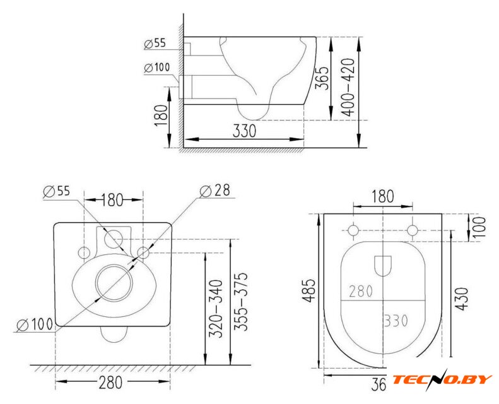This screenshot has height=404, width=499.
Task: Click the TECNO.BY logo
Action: (x=442, y=379)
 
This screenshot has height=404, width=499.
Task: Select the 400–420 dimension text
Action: (x=348, y=87)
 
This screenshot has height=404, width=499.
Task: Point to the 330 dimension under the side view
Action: (x=244, y=131)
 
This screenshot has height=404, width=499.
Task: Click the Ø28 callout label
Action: (x=215, y=191)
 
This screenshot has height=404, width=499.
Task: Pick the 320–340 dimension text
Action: (x=216, y=309)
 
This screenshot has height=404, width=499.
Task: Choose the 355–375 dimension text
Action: (x=240, y=302)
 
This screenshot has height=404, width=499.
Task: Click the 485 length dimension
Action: (x=308, y=290)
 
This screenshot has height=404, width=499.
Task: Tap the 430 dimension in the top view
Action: (x=462, y=299)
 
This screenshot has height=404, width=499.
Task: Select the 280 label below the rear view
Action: (x=110, y=383)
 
